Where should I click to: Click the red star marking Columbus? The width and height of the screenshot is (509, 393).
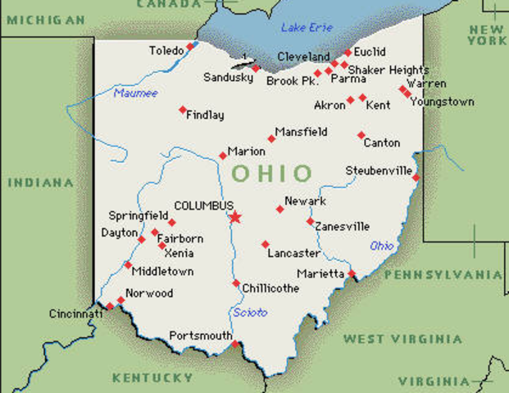[235, 217]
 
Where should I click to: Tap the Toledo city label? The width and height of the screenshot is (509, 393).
[166, 51]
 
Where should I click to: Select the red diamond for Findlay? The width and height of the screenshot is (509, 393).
[183, 110]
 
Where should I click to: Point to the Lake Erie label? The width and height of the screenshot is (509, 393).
[307, 28]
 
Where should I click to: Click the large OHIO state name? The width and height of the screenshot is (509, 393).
[272, 174]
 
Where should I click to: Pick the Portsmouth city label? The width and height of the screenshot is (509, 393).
[200, 336]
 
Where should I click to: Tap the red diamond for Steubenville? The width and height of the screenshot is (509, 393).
[416, 178]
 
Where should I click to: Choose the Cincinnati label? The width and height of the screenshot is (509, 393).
[75, 314]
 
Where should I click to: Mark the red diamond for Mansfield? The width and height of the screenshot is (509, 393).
[271, 138]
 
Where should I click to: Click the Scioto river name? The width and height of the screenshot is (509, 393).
[250, 313]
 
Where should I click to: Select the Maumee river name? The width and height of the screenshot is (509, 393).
[135, 93]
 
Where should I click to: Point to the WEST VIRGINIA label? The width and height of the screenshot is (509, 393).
[402, 339]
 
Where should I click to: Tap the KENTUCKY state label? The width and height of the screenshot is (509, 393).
[152, 377]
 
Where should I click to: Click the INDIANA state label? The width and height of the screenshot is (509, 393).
[40, 182]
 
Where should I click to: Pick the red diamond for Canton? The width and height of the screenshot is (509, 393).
[361, 135]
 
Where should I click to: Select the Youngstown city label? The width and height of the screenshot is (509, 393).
[443, 102]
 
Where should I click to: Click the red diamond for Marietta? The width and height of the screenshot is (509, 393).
[352, 273]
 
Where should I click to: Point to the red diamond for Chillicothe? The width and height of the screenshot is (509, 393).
[236, 284]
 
